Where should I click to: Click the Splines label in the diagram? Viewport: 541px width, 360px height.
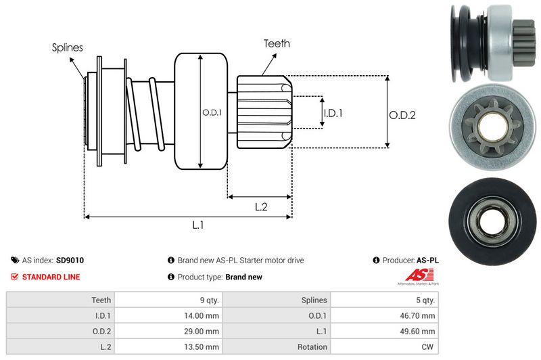point(68,48)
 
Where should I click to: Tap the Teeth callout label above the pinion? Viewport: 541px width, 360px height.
point(277,43)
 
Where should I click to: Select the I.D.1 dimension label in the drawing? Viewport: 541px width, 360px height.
point(333,113)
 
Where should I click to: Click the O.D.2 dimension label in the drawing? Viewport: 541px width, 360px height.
point(402,115)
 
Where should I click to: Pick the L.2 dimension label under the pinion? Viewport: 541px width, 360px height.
point(262,207)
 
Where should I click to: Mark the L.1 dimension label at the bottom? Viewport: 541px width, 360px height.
point(198,226)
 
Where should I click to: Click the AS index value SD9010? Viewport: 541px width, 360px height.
point(70,260)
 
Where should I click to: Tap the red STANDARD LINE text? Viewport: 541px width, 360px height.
point(51,277)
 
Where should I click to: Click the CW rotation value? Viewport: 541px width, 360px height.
point(428,347)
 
